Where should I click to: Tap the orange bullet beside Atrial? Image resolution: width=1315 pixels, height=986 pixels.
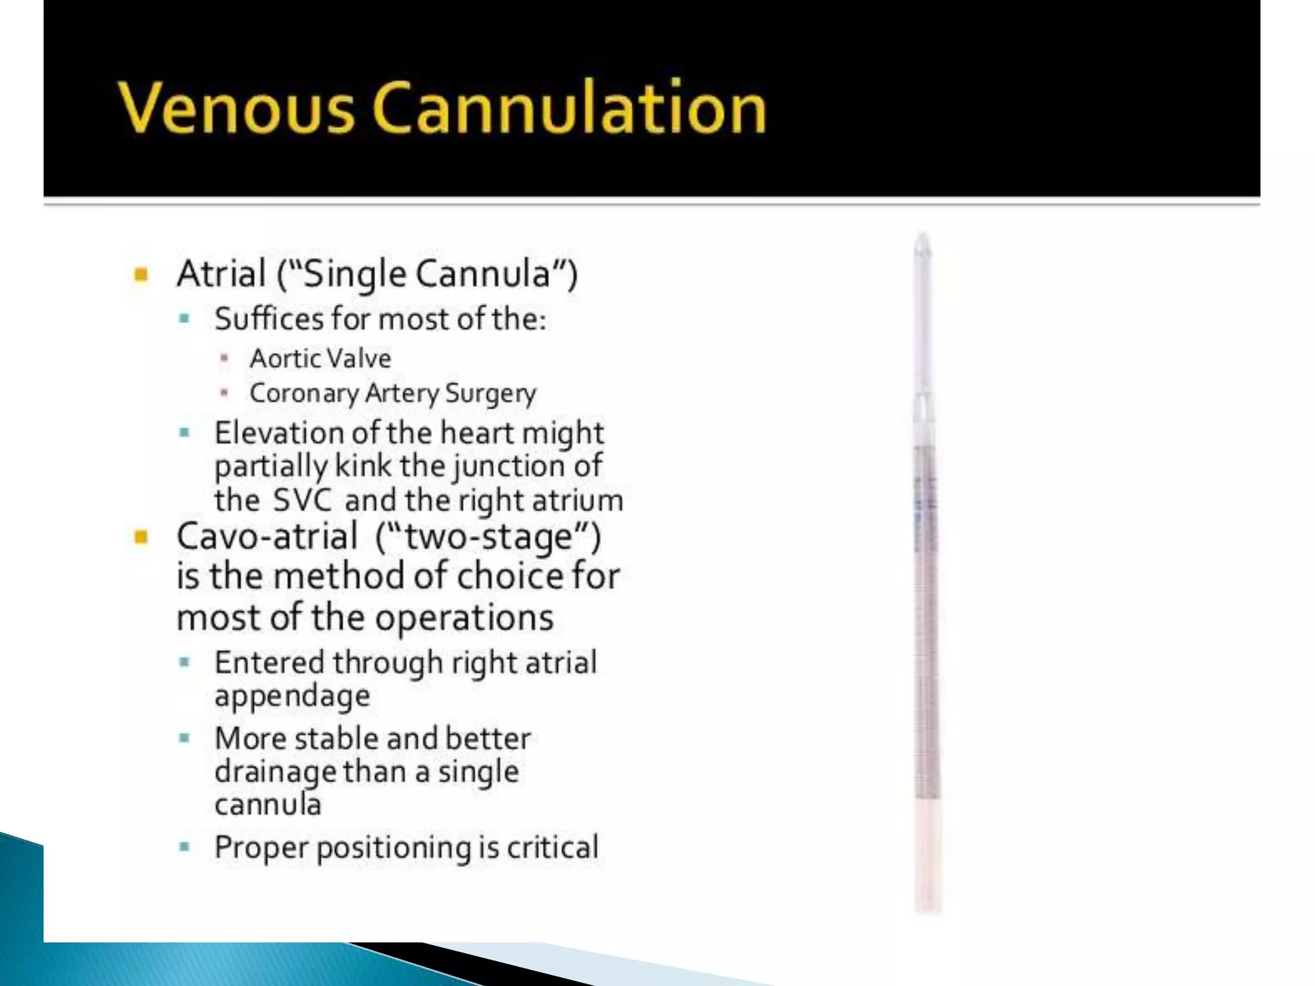point(141,275)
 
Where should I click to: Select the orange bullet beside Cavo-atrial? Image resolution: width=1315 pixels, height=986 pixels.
point(141,537)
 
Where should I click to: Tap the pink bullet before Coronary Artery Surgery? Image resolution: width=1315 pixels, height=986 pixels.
point(224,392)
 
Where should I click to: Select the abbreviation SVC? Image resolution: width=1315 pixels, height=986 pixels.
point(302,501)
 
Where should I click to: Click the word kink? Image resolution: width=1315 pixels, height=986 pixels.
point(363,466)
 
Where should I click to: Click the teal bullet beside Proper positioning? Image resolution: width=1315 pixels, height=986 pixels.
point(185,847)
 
